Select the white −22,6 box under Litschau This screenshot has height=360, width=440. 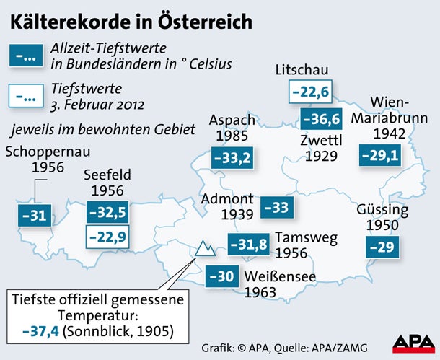pyautogui.click(x=309, y=92)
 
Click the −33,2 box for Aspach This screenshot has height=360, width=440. pyautogui.click(x=232, y=158)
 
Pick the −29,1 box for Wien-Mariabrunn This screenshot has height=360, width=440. pyautogui.click(x=379, y=155)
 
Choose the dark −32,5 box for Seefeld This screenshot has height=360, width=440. pyautogui.click(x=106, y=212)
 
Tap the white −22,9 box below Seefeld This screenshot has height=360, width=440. pyautogui.click(x=106, y=236)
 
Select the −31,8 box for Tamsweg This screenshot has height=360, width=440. pyautogui.click(x=248, y=245)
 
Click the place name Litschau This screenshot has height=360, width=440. pyautogui.click(x=302, y=70)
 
